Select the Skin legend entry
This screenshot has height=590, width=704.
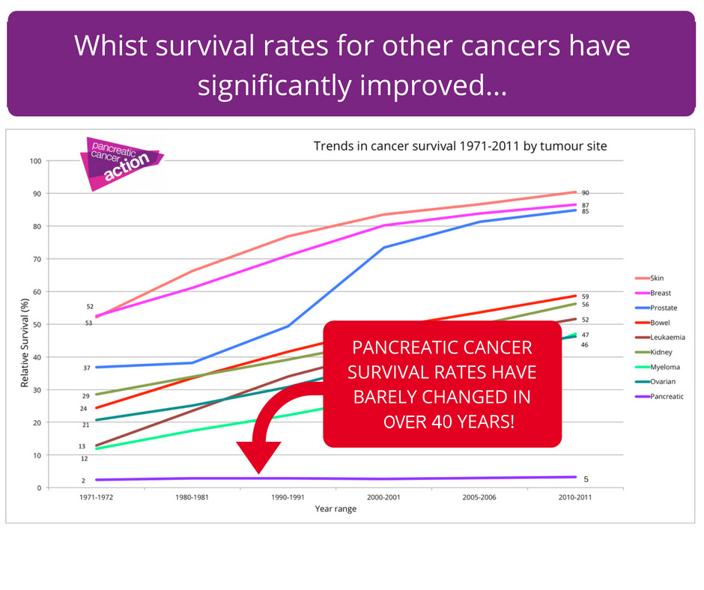(656, 278)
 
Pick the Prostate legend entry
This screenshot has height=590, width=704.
(663, 308)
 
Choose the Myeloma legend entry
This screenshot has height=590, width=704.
(662, 367)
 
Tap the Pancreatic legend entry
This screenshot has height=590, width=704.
(664, 396)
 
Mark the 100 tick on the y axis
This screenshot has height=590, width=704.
(35, 161)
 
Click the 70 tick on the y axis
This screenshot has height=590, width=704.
(37, 259)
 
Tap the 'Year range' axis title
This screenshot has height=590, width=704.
(336, 509)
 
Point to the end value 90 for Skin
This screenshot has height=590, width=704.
(586, 192)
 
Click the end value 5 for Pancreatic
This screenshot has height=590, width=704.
(585, 479)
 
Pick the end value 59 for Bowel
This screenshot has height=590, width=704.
(585, 296)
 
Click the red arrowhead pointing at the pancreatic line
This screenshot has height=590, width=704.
(258, 457)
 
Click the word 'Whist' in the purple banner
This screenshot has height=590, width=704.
(112, 46)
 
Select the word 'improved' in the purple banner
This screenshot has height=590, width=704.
(427, 85)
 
